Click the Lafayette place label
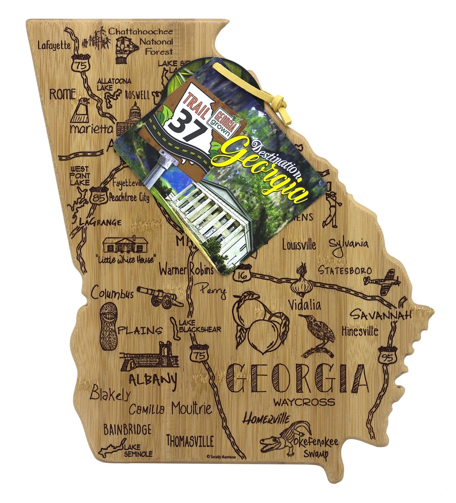(x=54, y=45)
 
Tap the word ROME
(x=62, y=94)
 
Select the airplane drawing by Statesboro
(x=383, y=283)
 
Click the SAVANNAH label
(x=381, y=315)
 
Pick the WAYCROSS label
(x=304, y=401)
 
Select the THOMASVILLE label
(x=190, y=441)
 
